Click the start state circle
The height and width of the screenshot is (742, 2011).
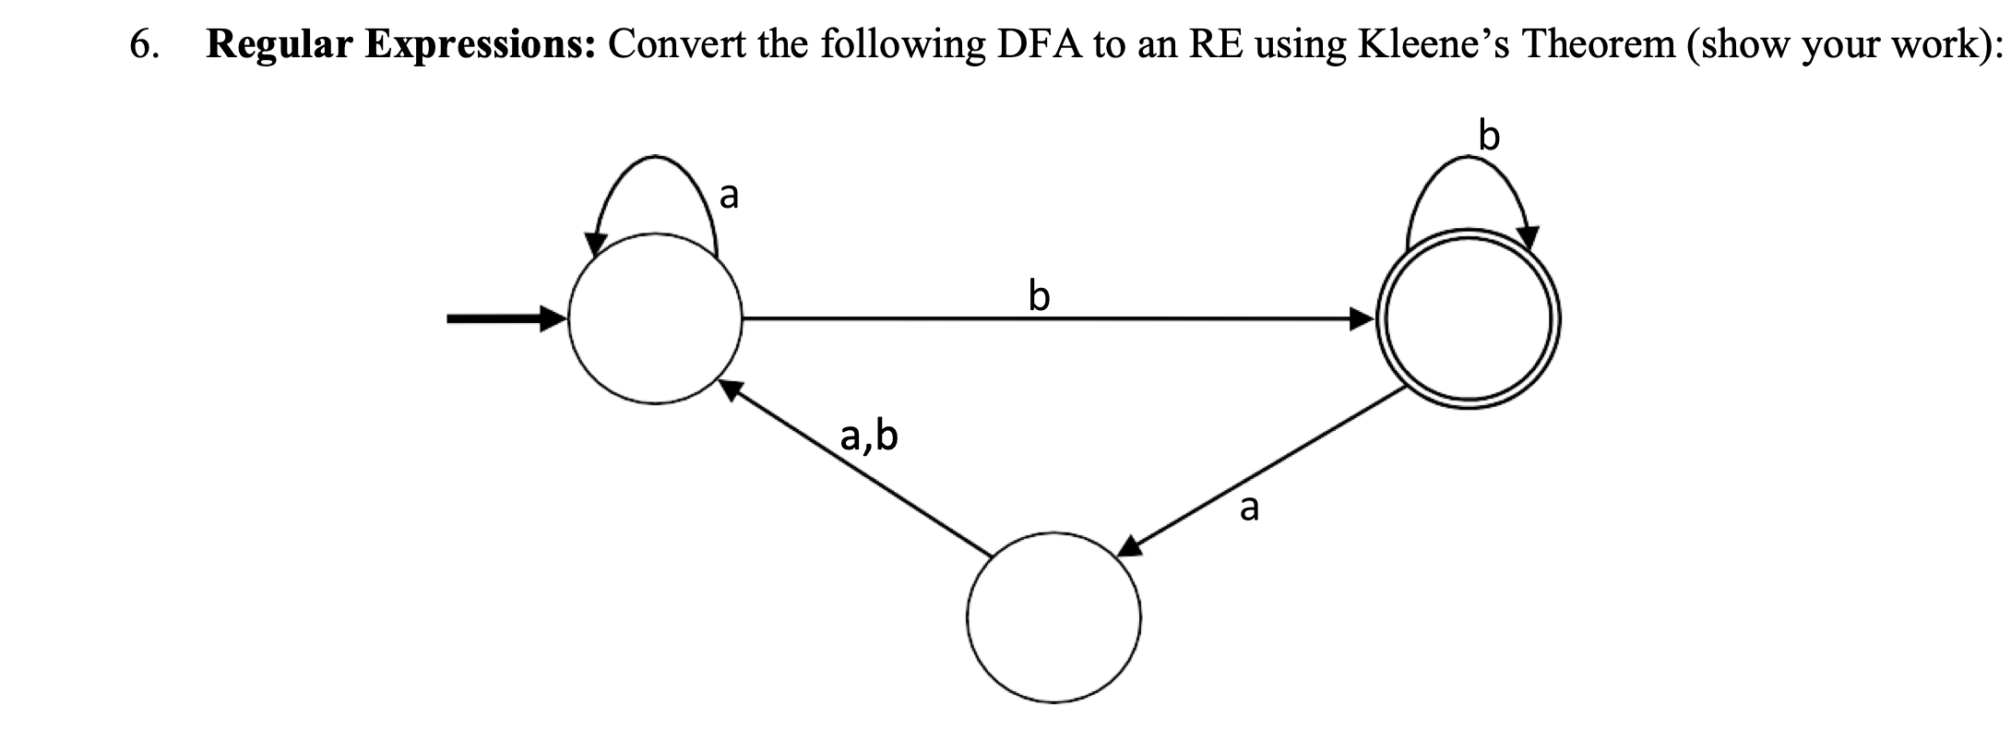point(655,319)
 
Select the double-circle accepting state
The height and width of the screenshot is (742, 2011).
point(1468,319)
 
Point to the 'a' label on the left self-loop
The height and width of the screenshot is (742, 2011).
point(729,196)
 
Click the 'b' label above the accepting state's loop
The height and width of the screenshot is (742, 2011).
point(1489,136)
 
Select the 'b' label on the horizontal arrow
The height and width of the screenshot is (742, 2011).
point(1039,296)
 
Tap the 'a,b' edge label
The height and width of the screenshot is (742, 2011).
point(869,436)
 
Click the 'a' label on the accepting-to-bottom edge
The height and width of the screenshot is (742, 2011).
point(1249,507)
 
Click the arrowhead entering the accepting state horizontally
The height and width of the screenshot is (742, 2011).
point(1362,319)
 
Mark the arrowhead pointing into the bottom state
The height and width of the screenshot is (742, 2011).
point(1132,546)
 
